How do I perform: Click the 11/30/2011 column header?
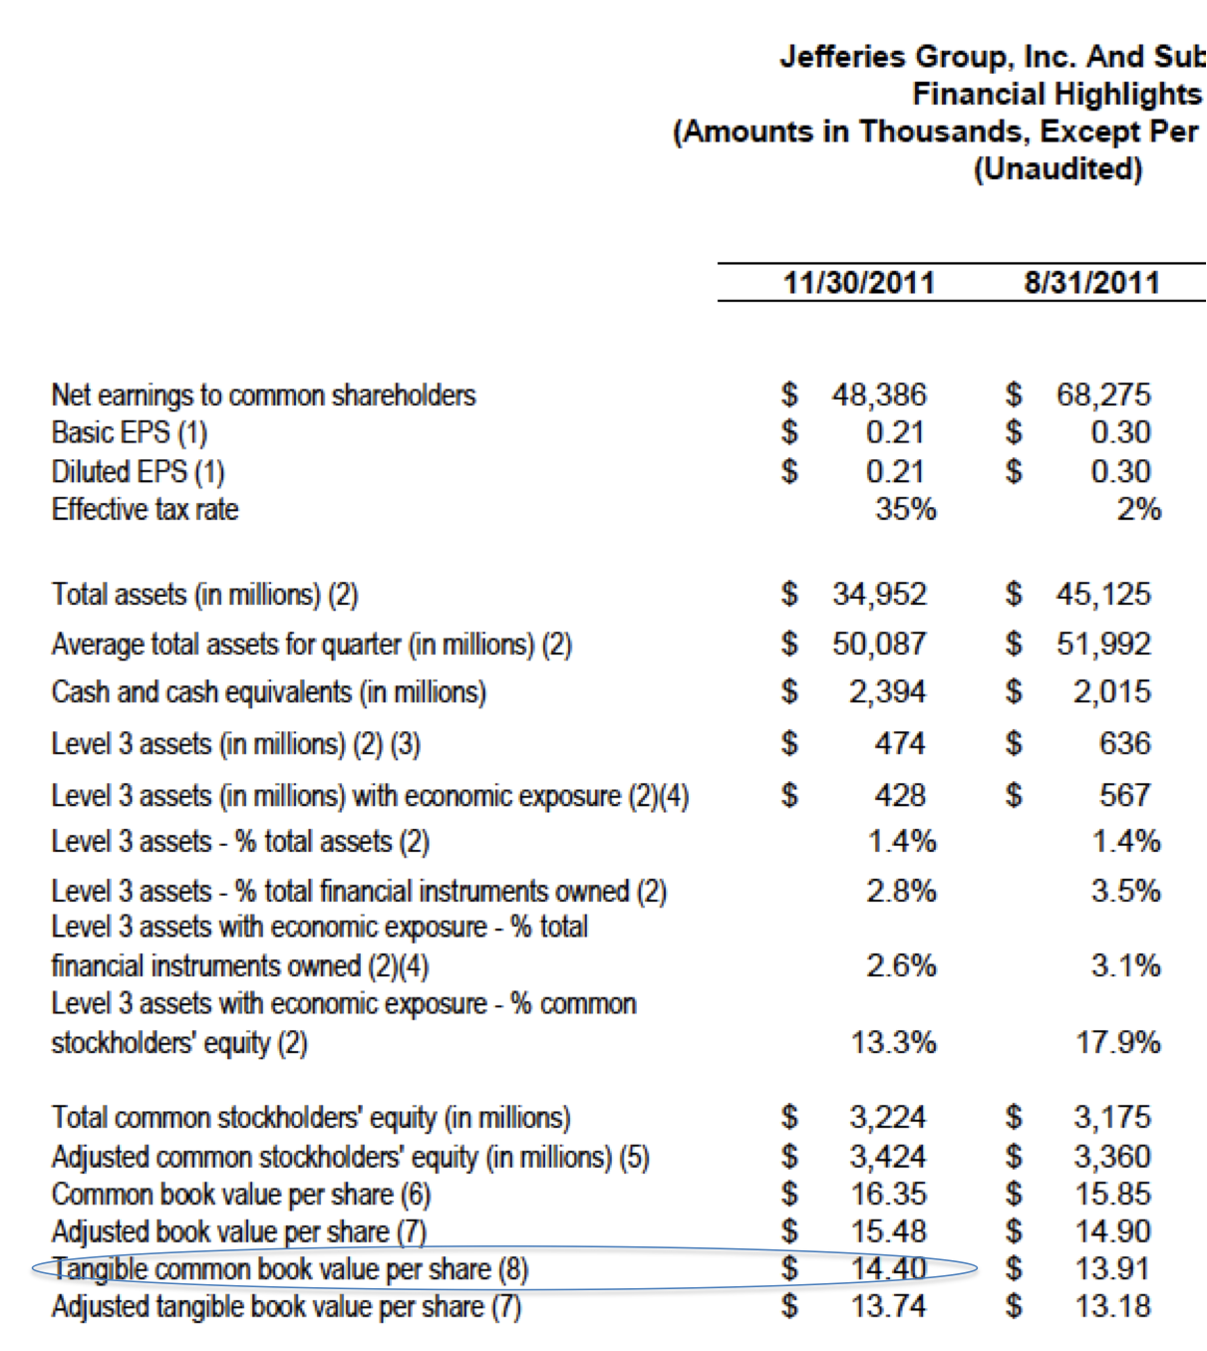[x=858, y=282]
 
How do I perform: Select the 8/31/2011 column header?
[x=1091, y=282]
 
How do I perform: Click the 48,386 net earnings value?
[x=879, y=395]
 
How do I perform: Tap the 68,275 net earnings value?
[x=1103, y=395]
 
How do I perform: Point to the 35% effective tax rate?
[x=905, y=509]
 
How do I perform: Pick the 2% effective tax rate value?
[x=1138, y=509]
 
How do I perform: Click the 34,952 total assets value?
[x=879, y=594]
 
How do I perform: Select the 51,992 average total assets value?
[x=1103, y=644]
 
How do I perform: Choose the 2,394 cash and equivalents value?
[x=887, y=691]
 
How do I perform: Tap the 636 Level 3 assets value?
[x=1124, y=743]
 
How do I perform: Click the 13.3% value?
[x=893, y=1042]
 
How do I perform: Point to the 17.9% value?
[x=1117, y=1042]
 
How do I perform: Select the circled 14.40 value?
[x=888, y=1268]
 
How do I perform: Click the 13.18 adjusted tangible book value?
[x=1112, y=1306]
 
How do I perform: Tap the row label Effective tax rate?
[x=146, y=509]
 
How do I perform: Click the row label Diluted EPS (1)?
[x=139, y=471]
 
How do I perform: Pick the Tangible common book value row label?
[x=290, y=1269]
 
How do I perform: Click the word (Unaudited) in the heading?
[x=1057, y=168]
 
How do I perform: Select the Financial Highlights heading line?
[x=1056, y=94]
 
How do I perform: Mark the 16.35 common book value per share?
[x=888, y=1194]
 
